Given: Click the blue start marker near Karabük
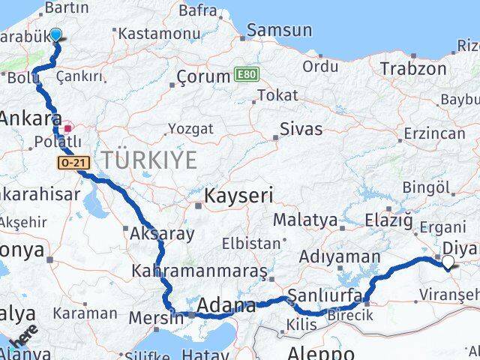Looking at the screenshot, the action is tap(56, 34).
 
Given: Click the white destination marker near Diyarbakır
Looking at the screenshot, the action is tap(448, 262).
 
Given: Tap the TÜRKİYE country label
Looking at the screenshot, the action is tap(149, 159).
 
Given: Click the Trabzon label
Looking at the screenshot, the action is tap(412, 69).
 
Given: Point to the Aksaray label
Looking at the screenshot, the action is tap(162, 233).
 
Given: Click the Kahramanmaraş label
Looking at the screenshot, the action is tap(199, 270).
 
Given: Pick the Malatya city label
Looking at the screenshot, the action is tap(304, 220).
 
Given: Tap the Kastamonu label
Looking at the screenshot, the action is tap(152, 33).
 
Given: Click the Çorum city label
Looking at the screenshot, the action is tap(203, 76).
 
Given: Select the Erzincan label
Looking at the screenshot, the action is tap(433, 133).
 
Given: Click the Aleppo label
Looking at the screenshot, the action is tap(322, 352).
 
